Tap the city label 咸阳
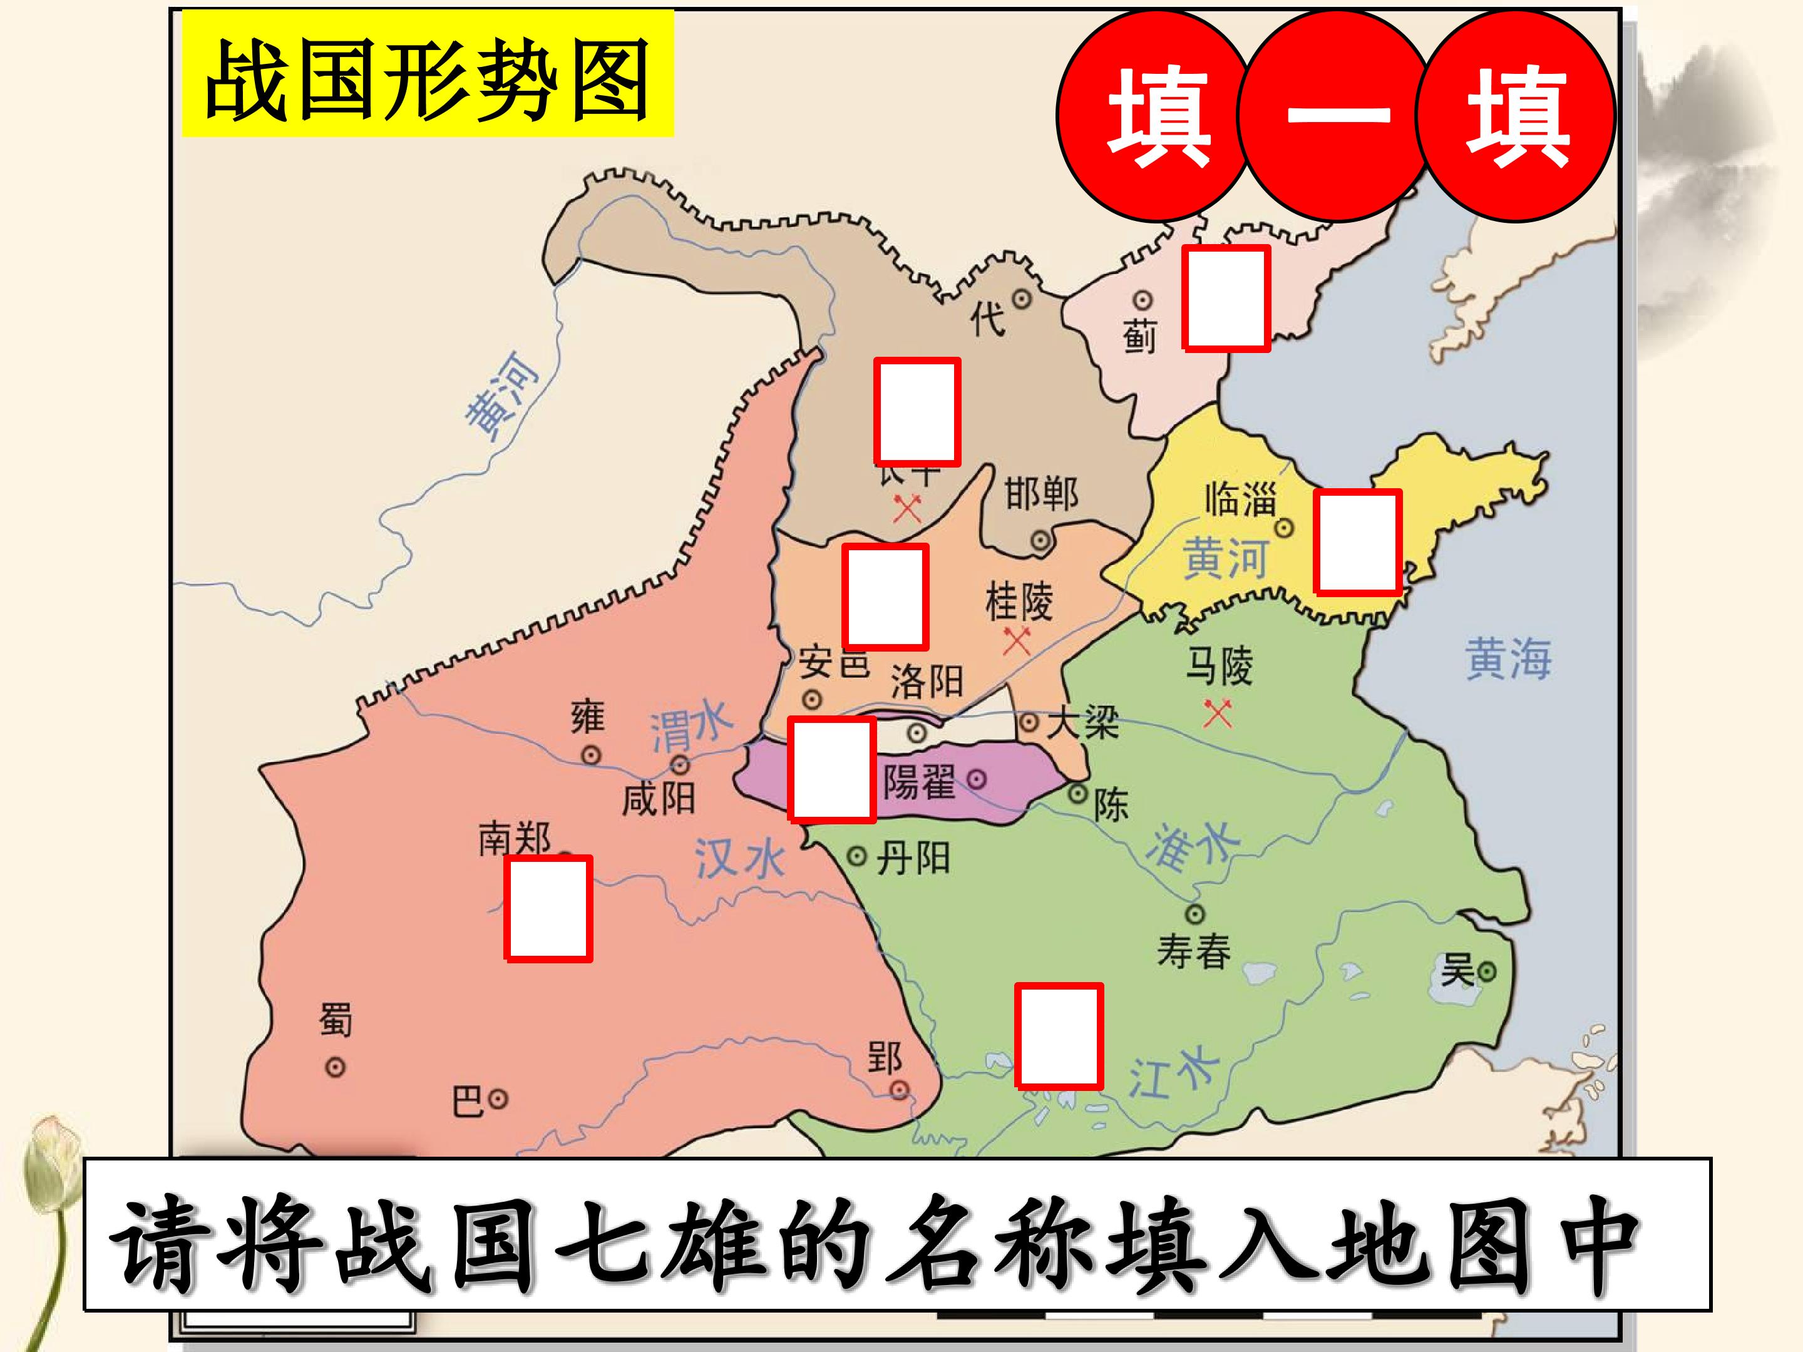[658, 799]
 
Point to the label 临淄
[1240, 499]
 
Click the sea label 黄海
[1508, 658]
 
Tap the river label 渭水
[691, 728]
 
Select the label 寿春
[1193, 951]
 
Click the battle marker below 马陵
[1218, 714]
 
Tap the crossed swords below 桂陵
[1017, 640]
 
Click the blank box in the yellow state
[1357, 542]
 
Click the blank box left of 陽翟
[831, 769]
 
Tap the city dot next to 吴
[1487, 971]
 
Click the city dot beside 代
[1021, 299]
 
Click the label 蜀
[335, 1020]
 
